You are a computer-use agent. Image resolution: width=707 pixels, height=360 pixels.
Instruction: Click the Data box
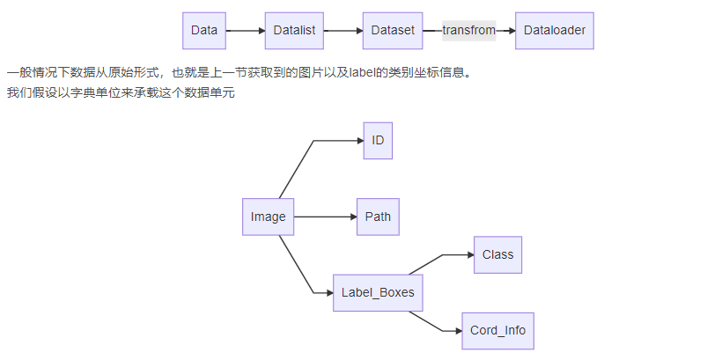[x=204, y=31]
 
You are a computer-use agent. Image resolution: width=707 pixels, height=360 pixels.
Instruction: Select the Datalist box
[x=290, y=31]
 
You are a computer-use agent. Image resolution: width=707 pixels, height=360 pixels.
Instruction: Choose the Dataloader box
[x=555, y=31]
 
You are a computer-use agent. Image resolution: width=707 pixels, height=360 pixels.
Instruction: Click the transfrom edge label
[x=468, y=31]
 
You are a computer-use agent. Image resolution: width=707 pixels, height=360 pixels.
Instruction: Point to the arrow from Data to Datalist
[x=245, y=31]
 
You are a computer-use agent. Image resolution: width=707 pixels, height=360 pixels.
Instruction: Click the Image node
[x=269, y=217]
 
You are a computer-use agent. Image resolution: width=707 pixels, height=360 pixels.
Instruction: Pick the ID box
[x=378, y=141]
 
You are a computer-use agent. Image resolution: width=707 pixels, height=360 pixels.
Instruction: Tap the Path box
[x=378, y=217]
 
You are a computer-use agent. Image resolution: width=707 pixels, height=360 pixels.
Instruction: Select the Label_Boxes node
[x=378, y=293]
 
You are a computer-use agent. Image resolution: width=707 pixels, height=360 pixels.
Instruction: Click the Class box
[x=497, y=255]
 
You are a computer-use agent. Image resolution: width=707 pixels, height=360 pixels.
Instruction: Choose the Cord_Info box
[x=497, y=331]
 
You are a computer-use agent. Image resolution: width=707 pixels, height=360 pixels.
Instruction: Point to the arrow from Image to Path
[x=325, y=217]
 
